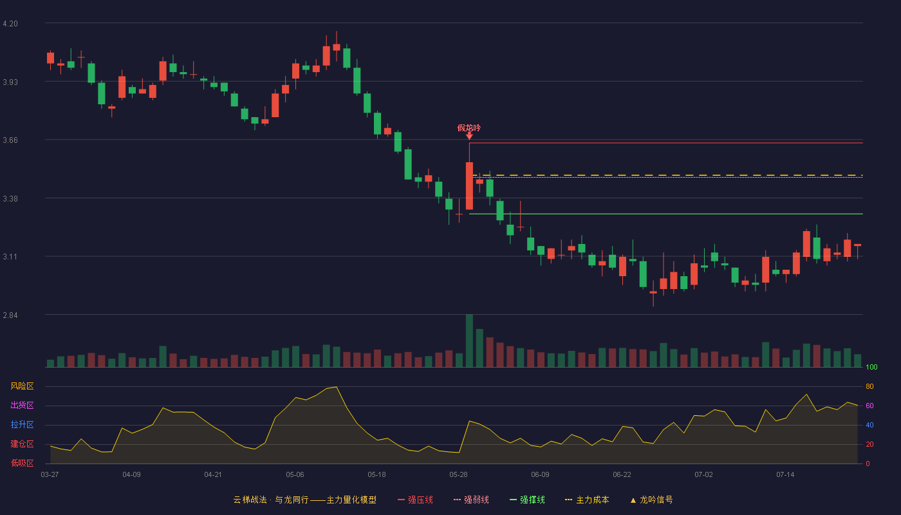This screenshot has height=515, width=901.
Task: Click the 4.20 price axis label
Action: [10, 24]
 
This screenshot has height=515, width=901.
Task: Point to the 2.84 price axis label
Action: [10, 315]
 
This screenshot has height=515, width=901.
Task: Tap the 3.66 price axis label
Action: [10, 140]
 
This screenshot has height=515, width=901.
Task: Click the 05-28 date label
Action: [458, 475]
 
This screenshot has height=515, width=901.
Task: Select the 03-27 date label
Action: [50, 475]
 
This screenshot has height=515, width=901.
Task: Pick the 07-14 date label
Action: [785, 475]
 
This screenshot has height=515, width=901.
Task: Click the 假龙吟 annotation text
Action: [469, 128]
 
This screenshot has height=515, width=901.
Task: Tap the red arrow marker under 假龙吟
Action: [469, 136]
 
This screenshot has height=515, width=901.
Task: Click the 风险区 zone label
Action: [22, 386]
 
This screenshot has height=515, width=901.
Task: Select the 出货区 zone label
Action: [22, 405]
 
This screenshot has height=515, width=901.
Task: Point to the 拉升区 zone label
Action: [22, 424]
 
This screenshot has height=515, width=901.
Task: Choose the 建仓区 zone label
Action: [22, 444]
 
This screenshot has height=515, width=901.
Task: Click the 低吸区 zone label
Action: [22, 463]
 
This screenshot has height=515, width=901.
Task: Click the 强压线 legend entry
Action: [415, 500]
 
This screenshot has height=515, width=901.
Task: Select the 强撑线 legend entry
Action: [527, 500]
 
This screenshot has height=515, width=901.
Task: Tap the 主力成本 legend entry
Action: [587, 500]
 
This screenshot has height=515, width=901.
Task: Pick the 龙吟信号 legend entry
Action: [651, 500]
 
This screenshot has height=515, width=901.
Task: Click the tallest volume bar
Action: [469, 341]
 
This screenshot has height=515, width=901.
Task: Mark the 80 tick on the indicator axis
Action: [869, 386]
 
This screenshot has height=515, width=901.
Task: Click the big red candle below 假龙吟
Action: [469, 186]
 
